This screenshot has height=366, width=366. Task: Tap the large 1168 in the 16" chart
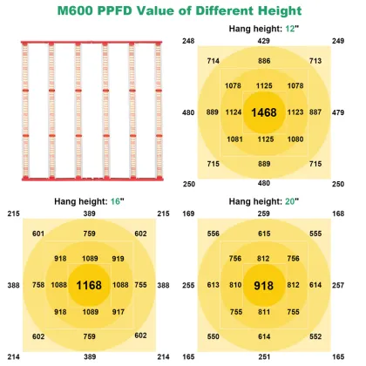[x=89, y=284]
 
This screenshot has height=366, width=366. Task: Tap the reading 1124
[x=233, y=112]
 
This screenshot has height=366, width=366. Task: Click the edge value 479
[x=338, y=112]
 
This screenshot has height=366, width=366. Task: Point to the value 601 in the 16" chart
[x=37, y=233]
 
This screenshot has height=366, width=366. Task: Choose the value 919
[x=118, y=258]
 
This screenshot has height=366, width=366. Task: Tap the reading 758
[x=37, y=284]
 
